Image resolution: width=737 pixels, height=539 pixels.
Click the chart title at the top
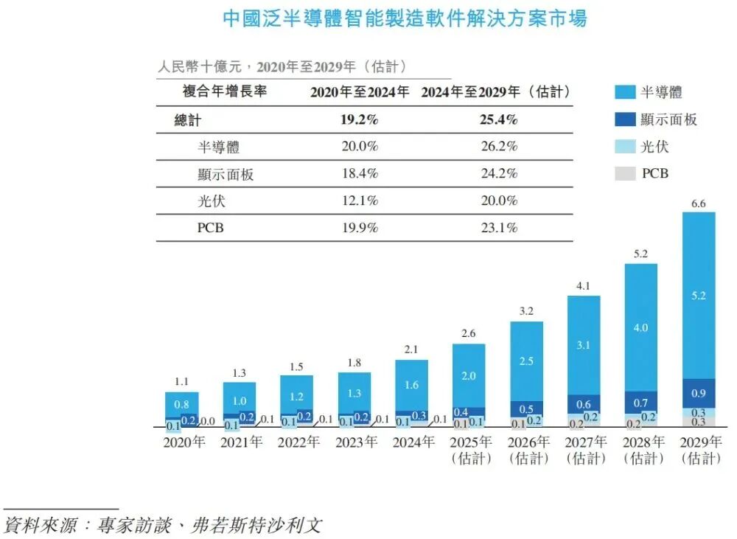pyautogui.click(x=405, y=19)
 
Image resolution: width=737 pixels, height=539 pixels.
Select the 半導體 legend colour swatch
pyautogui.click(x=625, y=92)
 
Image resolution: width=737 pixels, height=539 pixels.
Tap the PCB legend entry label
pyautogui.click(x=655, y=174)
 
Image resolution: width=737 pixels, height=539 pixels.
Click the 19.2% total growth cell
pyautogui.click(x=359, y=119)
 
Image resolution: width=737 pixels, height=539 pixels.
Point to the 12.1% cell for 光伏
pyautogui.click(x=359, y=201)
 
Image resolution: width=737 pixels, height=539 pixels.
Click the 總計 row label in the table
pyautogui.click(x=187, y=119)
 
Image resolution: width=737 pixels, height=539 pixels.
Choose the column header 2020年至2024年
pyautogui.click(x=359, y=92)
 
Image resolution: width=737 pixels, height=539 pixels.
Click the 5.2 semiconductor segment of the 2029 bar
pyautogui.click(x=699, y=296)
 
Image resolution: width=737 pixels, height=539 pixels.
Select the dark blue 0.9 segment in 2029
pyautogui.click(x=699, y=393)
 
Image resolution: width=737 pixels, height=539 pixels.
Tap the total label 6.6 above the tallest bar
pyautogui.click(x=699, y=204)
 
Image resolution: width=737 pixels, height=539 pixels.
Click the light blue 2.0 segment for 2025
pyautogui.click(x=469, y=375)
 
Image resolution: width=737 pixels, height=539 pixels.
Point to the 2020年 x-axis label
pyautogui.click(x=184, y=442)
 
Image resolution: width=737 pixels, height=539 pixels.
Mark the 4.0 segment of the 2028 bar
pyautogui.click(x=641, y=327)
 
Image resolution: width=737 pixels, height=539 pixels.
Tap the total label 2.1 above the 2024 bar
pyautogui.click(x=411, y=349)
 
